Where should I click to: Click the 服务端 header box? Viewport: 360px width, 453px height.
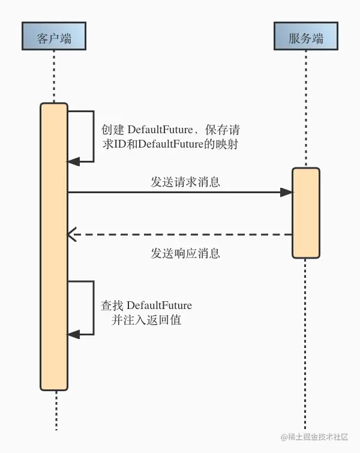pyautogui.click(x=305, y=37)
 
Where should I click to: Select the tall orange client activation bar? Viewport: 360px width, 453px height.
pyautogui.click(x=53, y=246)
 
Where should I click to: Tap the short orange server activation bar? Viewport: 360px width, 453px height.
pyautogui.click(x=306, y=212)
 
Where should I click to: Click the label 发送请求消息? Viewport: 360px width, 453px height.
pyautogui.click(x=185, y=181)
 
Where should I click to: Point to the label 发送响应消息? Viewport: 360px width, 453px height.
pyautogui.click(x=185, y=253)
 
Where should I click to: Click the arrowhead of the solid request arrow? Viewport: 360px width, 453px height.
pyautogui.click(x=287, y=192)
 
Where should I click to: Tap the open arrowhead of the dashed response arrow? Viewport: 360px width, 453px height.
pyautogui.click(x=71, y=235)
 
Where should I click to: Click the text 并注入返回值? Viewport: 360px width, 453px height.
pyautogui.click(x=146, y=320)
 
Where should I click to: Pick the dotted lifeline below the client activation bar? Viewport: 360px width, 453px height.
pyautogui.click(x=55, y=411)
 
